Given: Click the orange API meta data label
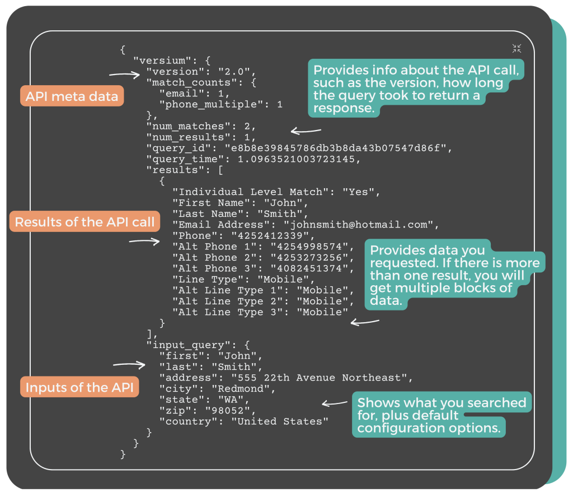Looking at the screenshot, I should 72,96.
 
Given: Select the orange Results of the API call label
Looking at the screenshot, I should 84,222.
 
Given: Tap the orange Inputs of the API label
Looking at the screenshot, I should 81,388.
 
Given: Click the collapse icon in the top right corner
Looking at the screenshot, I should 516,49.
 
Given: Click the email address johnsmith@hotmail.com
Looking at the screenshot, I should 358,225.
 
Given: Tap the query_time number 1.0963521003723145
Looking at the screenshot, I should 299,159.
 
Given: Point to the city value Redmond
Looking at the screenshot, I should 242,389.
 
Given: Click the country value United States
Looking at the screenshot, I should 280,421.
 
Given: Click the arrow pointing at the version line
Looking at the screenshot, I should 124,73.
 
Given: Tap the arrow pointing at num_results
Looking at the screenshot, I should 306,132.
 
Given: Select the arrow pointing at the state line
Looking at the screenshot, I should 335,403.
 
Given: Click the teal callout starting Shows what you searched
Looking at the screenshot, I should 442,416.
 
